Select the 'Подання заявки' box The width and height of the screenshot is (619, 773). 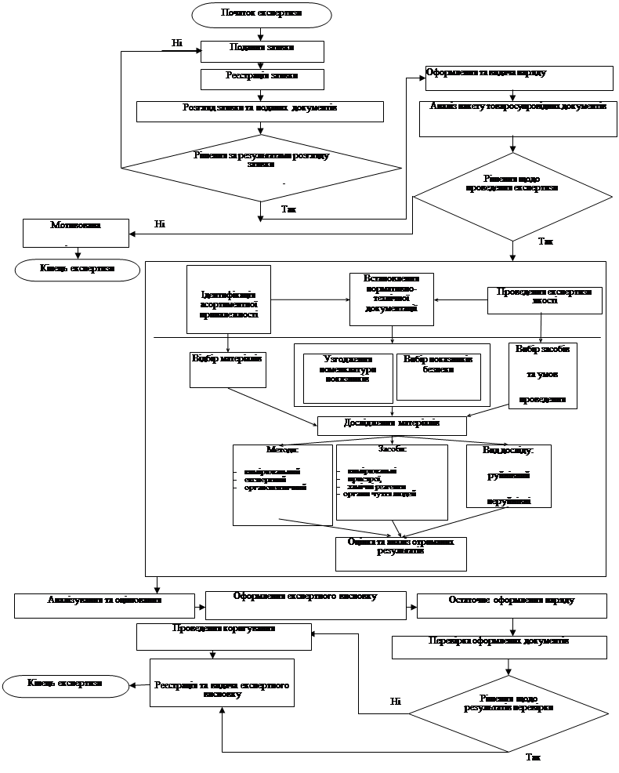[262, 51]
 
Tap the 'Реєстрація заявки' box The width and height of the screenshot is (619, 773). [262, 78]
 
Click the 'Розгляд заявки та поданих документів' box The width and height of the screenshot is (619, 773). [260, 111]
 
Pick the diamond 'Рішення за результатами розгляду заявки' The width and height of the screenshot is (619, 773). [262, 165]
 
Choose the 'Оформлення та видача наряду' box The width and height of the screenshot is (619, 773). [519, 78]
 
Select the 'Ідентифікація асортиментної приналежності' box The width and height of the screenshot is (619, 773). [229, 299]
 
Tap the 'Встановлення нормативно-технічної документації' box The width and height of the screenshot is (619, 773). [391, 299]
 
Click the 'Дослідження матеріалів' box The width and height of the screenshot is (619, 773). [392, 425]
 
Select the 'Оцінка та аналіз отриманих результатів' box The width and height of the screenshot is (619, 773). [401, 553]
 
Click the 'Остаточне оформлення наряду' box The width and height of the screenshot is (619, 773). [512, 605]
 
